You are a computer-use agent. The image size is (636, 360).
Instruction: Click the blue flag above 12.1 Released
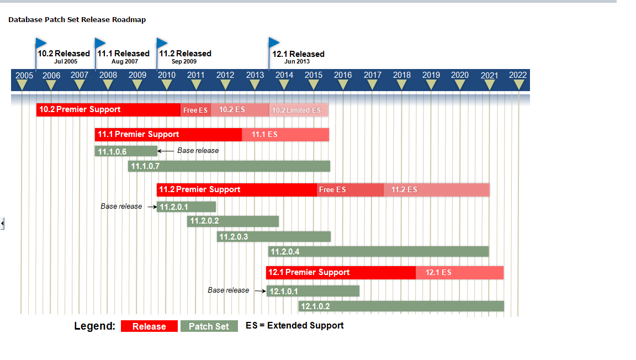(274, 43)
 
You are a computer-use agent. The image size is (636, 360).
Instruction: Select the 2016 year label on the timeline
(343, 75)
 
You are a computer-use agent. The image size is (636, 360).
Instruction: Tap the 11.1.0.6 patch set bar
(126, 151)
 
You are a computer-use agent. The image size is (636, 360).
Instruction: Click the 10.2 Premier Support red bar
(108, 109)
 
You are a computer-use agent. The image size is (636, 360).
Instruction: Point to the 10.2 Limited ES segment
(299, 110)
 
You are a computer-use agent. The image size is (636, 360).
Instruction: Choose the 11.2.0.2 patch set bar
(233, 221)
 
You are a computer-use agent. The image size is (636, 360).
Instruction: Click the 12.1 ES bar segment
(459, 272)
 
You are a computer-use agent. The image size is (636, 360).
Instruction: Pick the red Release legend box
(149, 326)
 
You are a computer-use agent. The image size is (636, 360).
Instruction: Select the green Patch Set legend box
(209, 326)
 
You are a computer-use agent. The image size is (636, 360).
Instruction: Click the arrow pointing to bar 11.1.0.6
(166, 151)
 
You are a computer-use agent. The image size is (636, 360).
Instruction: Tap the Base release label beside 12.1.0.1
(228, 290)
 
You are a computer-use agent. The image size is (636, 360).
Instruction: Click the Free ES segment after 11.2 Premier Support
(350, 190)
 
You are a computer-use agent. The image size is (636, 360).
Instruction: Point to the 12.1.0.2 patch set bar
(401, 306)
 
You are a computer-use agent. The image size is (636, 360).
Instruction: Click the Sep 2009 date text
(184, 62)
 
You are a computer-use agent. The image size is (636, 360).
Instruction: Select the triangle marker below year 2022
(519, 85)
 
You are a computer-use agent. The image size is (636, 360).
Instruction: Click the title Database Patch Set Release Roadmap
(77, 20)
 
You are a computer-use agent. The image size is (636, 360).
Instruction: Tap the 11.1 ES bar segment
(285, 134)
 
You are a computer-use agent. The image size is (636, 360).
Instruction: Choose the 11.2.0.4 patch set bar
(379, 252)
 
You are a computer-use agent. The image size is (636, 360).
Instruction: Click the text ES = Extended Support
(295, 326)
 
